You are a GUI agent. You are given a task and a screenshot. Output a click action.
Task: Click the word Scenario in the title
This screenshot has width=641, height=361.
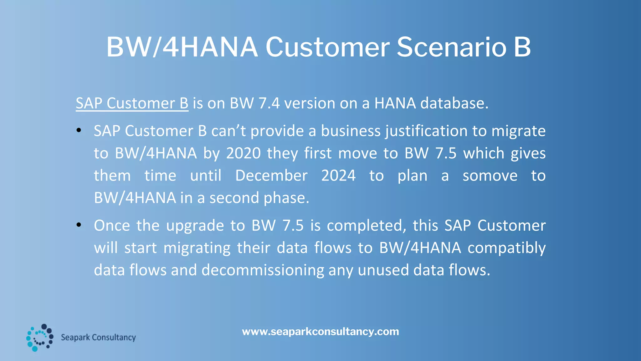point(451,47)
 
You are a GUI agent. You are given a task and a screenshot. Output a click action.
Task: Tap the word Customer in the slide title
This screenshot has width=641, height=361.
point(327,47)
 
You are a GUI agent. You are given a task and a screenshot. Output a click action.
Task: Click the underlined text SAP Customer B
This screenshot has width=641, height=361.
point(132,103)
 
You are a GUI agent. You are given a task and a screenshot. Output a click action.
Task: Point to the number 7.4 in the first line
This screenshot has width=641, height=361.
point(269,103)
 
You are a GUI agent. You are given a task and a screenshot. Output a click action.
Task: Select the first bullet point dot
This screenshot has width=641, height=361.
point(79,130)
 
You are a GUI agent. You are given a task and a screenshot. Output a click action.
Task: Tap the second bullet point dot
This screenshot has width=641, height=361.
point(79,225)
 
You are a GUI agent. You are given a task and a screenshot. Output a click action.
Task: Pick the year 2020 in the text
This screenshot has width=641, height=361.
point(244,153)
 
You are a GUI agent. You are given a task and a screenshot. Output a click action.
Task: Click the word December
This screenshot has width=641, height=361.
point(271,175)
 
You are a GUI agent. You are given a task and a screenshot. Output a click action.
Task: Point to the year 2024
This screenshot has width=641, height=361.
point(338,175)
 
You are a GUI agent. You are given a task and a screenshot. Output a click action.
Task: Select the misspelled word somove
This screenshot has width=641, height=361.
point(490,175)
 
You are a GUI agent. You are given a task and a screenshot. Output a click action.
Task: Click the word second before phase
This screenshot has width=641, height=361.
point(234,198)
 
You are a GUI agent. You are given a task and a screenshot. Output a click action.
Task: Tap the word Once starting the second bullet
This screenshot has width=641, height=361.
point(112,226)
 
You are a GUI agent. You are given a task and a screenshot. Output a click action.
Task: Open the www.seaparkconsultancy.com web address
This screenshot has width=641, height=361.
point(320,332)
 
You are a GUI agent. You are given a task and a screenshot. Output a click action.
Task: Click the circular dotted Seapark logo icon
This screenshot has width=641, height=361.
point(39,337)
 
